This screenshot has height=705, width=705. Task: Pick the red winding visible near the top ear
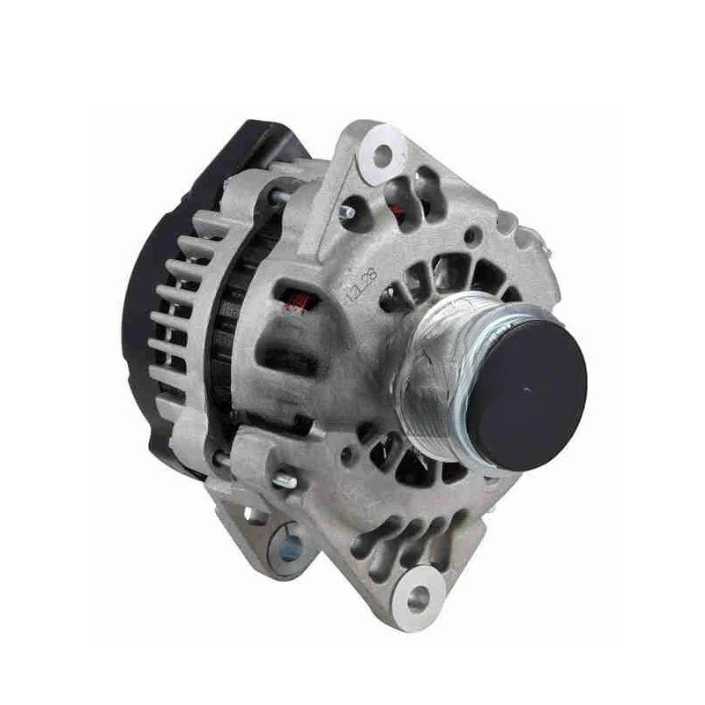click(404, 210)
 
